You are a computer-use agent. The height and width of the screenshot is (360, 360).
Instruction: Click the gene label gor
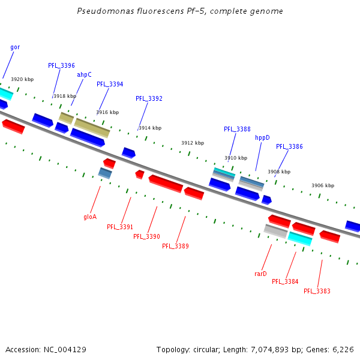click(15, 47)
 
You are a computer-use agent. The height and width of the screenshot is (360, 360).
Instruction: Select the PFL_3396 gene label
click(61, 65)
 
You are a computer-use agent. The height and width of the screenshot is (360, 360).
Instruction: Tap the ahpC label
click(84, 74)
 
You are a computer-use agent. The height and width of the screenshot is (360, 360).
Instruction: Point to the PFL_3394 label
click(110, 84)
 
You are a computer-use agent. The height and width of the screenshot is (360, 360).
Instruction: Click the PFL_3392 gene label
click(149, 98)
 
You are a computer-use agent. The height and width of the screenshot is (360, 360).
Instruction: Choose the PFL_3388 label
click(237, 129)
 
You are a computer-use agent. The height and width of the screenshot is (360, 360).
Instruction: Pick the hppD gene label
click(262, 137)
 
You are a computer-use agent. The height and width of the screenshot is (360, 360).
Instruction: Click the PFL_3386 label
click(289, 146)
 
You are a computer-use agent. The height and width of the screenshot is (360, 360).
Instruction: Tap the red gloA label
click(90, 217)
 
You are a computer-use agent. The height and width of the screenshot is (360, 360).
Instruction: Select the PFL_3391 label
click(120, 227)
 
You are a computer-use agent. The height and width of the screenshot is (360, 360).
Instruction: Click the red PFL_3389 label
click(175, 246)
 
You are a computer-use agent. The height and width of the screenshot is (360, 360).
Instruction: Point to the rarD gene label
click(260, 274)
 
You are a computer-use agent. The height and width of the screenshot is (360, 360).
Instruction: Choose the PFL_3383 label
click(317, 291)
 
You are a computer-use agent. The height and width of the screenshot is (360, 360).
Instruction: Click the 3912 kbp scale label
click(193, 143)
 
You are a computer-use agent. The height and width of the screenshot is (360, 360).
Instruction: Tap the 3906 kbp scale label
click(323, 185)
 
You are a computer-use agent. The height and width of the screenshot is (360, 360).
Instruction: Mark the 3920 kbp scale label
click(22, 79)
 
